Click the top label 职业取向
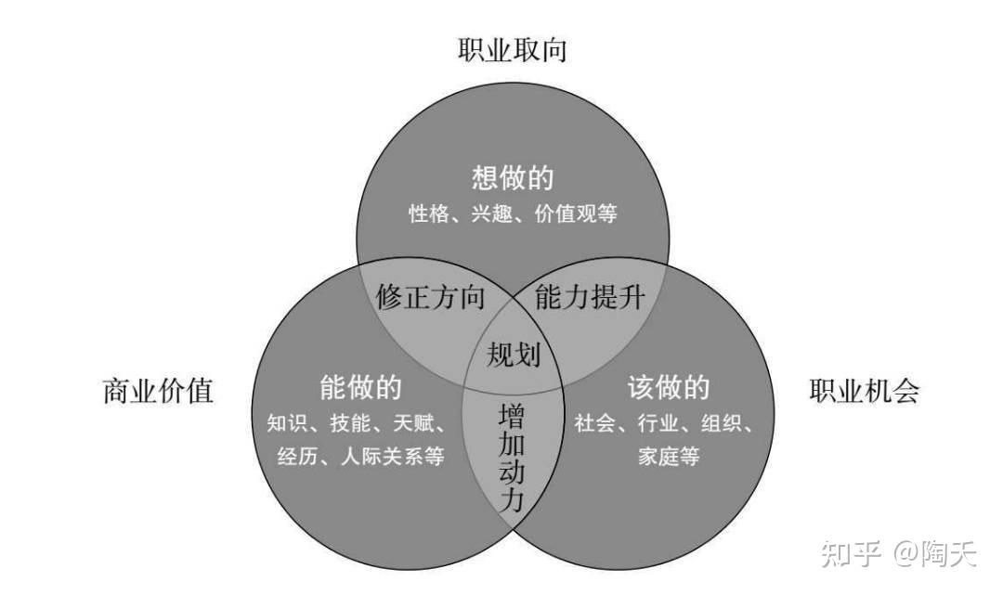[513, 50]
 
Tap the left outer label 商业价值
[158, 391]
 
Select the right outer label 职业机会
[865, 391]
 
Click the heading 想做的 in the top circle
[513, 177]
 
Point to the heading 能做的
[360, 388]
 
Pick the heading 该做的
[669, 388]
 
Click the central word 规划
[514, 354]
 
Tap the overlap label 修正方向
[431, 297]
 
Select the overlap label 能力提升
[590, 297]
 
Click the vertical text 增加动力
[512, 457]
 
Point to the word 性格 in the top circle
[429, 213]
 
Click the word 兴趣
[492, 213]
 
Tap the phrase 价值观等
[576, 213]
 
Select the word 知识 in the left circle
[288, 423]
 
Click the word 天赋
[414, 423]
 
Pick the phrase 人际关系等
[392, 457]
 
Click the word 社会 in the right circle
[595, 423]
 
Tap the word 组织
[721, 423]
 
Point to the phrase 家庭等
[669, 457]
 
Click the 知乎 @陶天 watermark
[899, 553]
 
